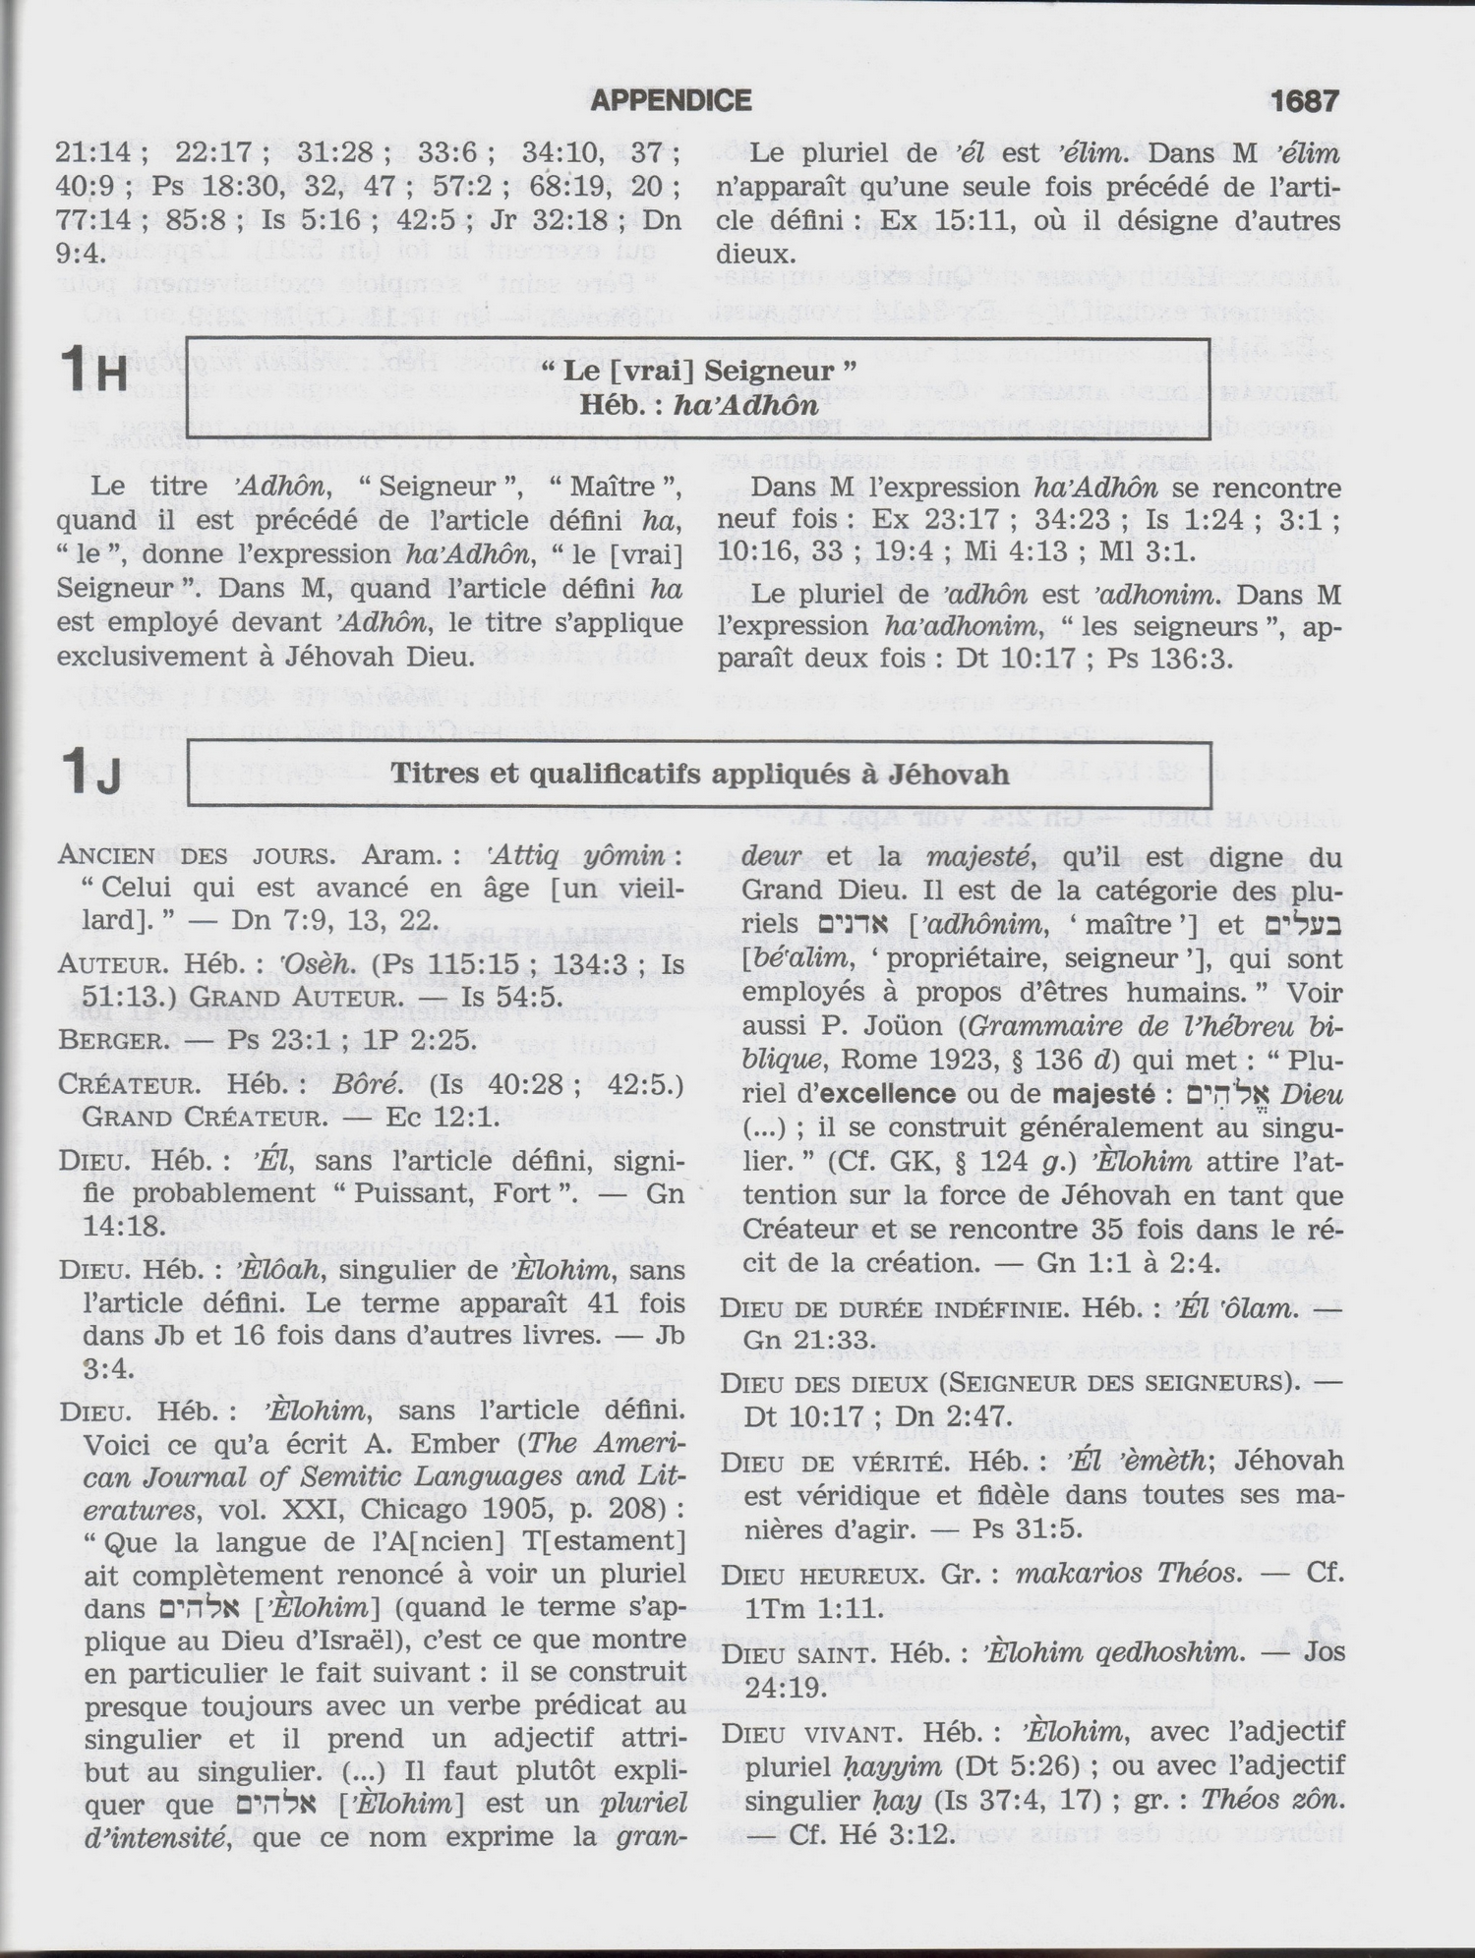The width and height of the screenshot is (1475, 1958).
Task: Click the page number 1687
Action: tap(1304, 100)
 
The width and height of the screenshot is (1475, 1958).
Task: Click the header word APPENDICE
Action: tap(672, 100)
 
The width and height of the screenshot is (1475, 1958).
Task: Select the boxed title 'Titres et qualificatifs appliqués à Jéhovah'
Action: tap(699, 774)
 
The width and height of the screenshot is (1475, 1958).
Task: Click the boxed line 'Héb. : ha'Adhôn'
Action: tap(699, 404)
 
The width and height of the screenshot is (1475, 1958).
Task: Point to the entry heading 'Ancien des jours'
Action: tap(196, 854)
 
